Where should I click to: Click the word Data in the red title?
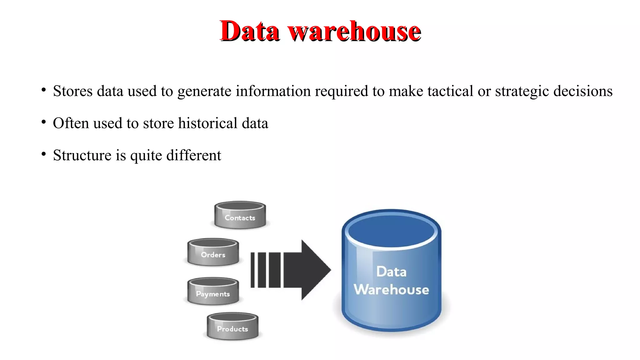click(249, 31)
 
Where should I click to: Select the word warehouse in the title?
click(354, 31)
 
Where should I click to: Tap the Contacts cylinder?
click(240, 215)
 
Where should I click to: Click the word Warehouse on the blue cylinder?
click(391, 290)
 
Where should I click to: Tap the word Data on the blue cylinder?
click(391, 272)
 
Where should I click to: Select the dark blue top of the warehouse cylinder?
click(391, 231)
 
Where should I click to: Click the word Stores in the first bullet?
click(73, 91)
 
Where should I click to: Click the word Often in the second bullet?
click(71, 123)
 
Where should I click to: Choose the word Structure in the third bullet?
click(82, 155)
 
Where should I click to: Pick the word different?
click(193, 155)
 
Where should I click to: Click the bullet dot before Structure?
click(44, 154)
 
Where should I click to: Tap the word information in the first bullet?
click(273, 91)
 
